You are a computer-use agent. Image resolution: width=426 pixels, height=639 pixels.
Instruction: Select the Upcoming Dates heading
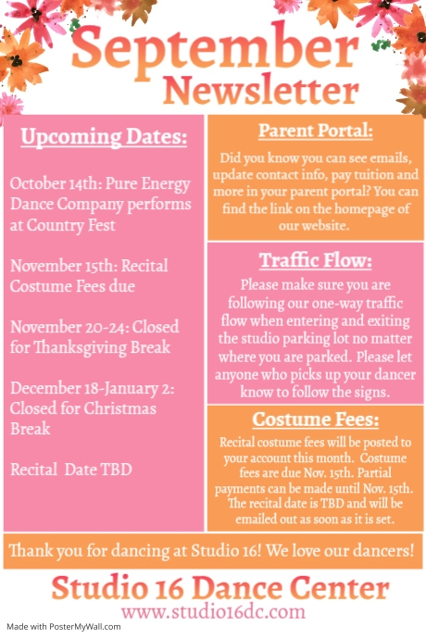(104, 138)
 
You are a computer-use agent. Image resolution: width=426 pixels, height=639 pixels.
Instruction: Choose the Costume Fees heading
(316, 419)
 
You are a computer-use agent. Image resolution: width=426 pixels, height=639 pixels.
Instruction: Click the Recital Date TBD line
(71, 470)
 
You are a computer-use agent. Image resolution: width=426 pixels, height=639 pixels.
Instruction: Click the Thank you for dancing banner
(212, 552)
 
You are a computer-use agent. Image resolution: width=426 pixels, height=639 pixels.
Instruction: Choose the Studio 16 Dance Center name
(220, 587)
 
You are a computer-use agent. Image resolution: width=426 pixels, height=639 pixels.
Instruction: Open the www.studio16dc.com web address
(213, 611)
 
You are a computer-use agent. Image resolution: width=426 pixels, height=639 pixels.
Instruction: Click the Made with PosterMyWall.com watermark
(61, 627)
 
